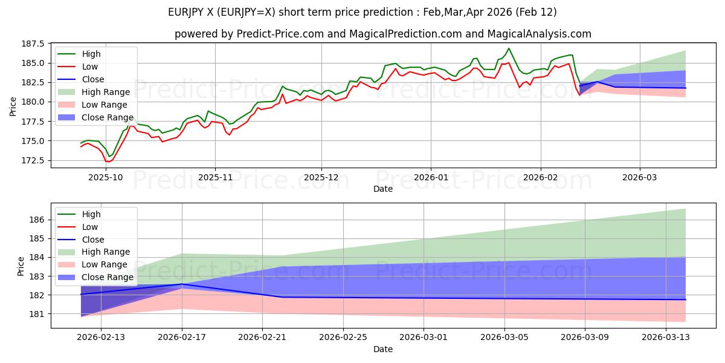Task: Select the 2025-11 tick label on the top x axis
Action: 215,177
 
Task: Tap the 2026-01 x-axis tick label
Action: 431,177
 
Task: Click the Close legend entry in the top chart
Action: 93,79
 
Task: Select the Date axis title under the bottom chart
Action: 383,349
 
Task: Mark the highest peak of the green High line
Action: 509,48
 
